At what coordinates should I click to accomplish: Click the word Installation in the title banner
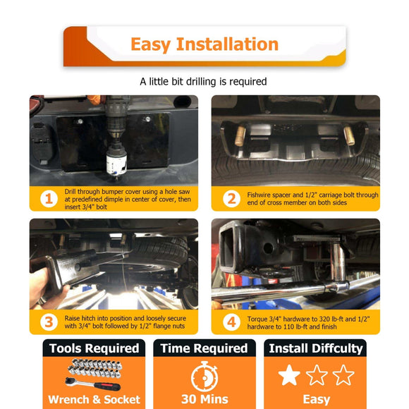[227, 44]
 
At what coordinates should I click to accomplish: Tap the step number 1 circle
[49, 199]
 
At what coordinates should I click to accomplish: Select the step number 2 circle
[231, 199]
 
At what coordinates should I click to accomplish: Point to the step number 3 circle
[49, 322]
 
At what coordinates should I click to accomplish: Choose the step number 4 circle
[231, 322]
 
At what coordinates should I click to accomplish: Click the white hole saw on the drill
[116, 162]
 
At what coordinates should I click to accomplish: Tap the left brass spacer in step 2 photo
[240, 136]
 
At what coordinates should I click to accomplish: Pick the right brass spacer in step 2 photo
[349, 135]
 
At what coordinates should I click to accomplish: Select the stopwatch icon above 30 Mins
[204, 376]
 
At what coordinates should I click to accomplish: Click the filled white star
[289, 375]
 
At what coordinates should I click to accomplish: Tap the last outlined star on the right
[343, 375]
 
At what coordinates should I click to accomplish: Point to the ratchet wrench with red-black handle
[92, 384]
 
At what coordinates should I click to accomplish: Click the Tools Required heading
[94, 348]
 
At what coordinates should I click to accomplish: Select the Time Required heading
[204, 348]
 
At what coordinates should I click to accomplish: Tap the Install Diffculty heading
[316, 349]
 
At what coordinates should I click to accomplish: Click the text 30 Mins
[204, 399]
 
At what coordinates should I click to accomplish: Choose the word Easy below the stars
[317, 400]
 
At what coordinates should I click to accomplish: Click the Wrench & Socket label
[94, 400]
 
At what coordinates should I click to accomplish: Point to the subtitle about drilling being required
[203, 82]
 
